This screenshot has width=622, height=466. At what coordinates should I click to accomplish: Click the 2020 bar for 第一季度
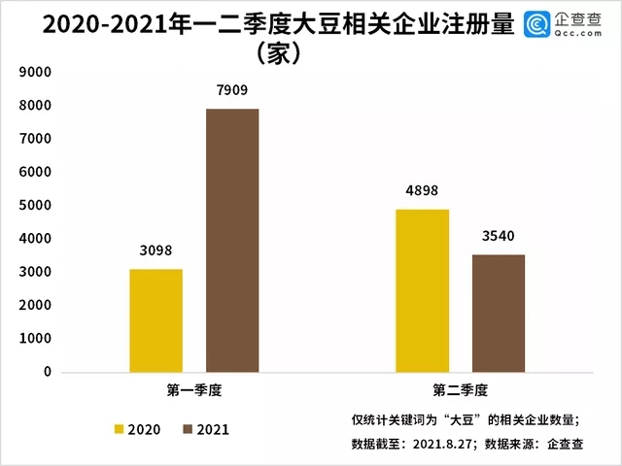tap(155, 320)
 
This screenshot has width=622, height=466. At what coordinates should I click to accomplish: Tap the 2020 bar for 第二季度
tap(423, 290)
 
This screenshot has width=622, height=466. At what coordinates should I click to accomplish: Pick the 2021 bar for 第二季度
tap(499, 314)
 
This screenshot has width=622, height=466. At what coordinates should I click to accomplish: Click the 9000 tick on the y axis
tap(35, 72)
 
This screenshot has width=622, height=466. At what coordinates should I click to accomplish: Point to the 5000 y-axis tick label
tap(35, 205)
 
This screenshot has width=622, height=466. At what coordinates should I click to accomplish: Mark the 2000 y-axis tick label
tap(35, 305)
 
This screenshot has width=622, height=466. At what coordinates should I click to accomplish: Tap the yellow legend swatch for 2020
tap(120, 429)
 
